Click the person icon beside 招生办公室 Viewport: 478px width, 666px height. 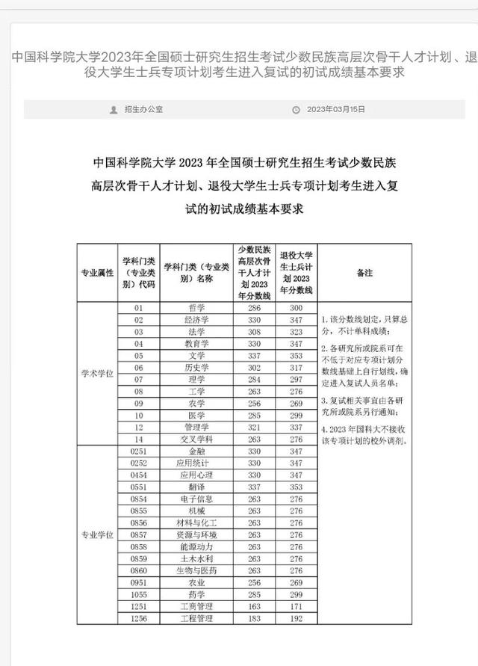(x=114, y=109)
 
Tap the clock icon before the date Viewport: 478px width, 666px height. (x=296, y=109)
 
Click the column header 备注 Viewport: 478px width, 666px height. (x=364, y=273)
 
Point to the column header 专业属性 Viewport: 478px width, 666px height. (x=97, y=273)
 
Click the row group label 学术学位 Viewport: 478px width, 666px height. (x=97, y=373)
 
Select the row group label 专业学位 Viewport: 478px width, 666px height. (x=97, y=534)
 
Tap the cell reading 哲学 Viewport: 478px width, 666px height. (x=197, y=308)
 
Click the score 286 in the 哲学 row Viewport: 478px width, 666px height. (x=255, y=308)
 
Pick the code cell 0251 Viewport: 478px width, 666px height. (x=138, y=451)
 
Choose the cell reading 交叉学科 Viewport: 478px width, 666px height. (x=197, y=440)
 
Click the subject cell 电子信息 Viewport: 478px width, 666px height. (x=197, y=499)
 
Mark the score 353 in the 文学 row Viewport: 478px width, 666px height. (x=296, y=355)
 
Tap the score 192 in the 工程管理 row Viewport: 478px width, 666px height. (x=296, y=618)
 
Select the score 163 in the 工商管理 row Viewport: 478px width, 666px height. (x=255, y=606)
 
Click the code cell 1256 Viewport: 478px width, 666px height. (x=138, y=618)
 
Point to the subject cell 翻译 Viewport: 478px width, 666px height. (x=197, y=487)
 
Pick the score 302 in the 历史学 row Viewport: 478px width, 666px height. (x=255, y=367)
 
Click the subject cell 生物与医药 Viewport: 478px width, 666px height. (x=197, y=570)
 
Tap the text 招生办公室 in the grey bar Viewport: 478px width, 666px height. (x=143, y=109)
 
